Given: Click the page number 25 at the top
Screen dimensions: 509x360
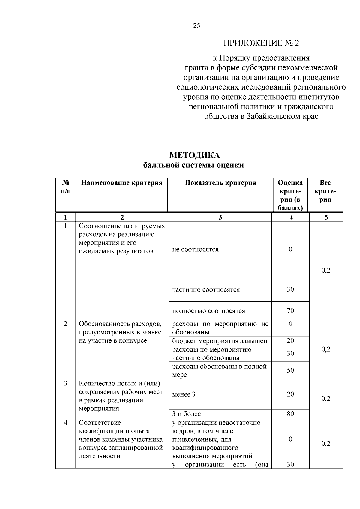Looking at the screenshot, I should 196,26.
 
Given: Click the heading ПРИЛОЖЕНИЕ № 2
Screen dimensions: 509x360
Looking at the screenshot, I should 261,43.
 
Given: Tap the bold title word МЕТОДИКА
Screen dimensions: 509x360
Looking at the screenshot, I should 194,155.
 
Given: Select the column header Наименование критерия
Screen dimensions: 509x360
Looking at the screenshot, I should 122,183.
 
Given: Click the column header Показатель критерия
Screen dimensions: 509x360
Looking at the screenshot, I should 220,183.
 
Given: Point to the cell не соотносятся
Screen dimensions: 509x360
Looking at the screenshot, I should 195,249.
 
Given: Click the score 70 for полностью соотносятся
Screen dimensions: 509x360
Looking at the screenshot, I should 290,310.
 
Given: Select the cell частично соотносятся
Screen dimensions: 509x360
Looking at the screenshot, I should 206,289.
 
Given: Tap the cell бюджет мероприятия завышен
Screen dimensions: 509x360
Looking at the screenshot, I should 220,341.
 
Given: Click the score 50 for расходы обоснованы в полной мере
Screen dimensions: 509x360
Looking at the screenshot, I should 290,370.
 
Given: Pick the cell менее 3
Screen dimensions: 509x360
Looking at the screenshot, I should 184,394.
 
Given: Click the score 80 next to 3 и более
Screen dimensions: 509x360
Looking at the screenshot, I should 290,414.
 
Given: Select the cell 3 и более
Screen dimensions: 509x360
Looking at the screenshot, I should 186,414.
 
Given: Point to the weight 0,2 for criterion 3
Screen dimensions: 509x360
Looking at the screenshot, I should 326,398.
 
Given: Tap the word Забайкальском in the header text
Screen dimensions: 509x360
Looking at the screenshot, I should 272,116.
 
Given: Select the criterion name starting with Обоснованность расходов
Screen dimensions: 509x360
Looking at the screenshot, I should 120,332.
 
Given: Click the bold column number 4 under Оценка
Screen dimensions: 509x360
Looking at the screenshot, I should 291,217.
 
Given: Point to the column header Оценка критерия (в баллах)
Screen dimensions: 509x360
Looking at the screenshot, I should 290,195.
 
